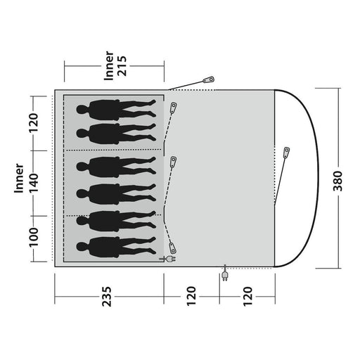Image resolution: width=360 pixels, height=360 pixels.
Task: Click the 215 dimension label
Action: (x=122, y=66)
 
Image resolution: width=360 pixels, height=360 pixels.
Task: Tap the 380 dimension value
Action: (x=337, y=181)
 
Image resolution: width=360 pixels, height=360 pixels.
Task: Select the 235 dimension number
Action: (x=107, y=296)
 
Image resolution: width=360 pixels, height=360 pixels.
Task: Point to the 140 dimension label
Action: (x=33, y=183)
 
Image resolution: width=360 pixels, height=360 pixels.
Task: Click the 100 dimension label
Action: (x=33, y=237)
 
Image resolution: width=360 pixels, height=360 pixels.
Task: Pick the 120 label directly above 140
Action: (x=33, y=123)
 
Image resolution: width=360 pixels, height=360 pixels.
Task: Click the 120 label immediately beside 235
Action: (x=191, y=296)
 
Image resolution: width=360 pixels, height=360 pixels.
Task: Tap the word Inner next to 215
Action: (x=108, y=66)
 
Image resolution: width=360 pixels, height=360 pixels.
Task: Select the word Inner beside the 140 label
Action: (x=19, y=179)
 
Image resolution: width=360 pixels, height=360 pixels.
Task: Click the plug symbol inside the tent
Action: (x=167, y=259)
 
